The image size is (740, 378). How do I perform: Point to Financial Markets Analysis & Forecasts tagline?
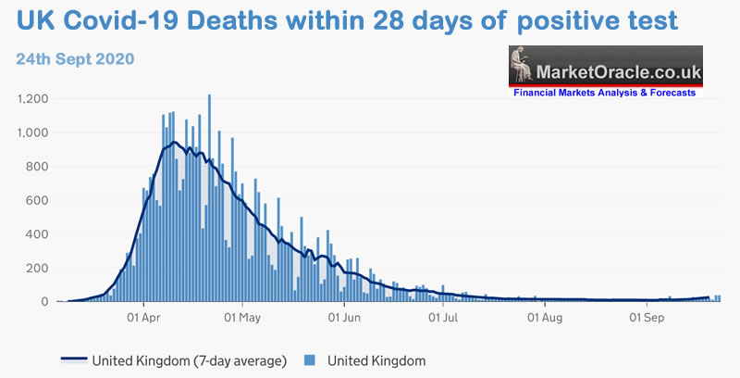point(605,93)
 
